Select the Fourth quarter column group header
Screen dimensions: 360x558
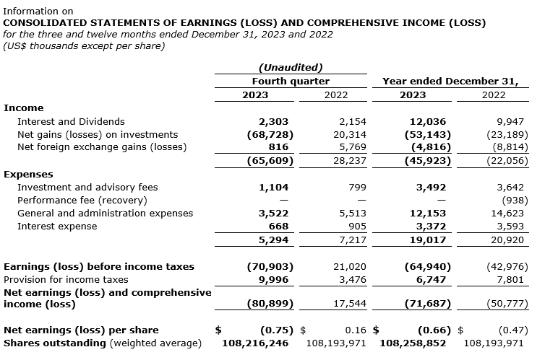[291, 82]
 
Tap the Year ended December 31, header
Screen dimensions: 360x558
[450, 82]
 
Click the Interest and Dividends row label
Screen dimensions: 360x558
[71, 122]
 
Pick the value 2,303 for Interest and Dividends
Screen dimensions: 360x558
[274, 122]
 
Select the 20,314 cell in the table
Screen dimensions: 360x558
[332, 135]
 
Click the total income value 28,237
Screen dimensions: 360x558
[332, 161]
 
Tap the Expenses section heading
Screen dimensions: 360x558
[28, 174]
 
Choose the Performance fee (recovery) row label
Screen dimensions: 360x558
[82, 200]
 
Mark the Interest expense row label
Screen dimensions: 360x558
[57, 226]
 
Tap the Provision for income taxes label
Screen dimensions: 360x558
[66, 279]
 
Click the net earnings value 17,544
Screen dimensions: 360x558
[332, 304]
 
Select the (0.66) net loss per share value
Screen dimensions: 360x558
[434, 330]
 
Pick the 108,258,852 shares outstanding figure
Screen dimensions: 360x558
[413, 343]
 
